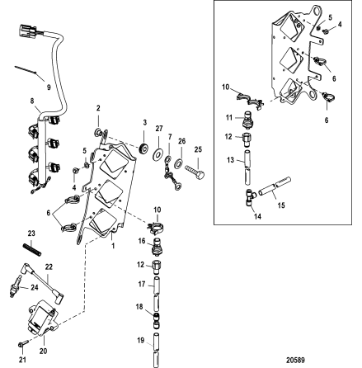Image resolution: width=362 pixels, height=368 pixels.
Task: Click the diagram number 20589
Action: [295, 360]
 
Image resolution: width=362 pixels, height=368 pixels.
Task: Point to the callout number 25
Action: [198, 149]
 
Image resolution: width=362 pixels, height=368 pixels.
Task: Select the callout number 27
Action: [159, 129]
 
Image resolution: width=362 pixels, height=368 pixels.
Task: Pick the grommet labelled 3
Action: [144, 149]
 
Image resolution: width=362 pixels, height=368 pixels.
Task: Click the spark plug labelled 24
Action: [15, 286]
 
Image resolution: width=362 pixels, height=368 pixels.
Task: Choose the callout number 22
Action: [49, 267]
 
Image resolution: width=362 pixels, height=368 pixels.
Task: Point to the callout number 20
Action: [43, 351]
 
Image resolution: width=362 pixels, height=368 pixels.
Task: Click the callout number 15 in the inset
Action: [281, 205]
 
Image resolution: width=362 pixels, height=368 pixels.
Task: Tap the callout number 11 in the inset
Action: [229, 117]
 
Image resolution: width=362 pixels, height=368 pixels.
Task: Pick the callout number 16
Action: [142, 241]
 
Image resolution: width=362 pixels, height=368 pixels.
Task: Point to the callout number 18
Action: [139, 306]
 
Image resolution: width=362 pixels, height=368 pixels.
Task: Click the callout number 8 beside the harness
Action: [32, 101]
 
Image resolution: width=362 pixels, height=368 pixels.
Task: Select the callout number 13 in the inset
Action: [230, 160]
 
